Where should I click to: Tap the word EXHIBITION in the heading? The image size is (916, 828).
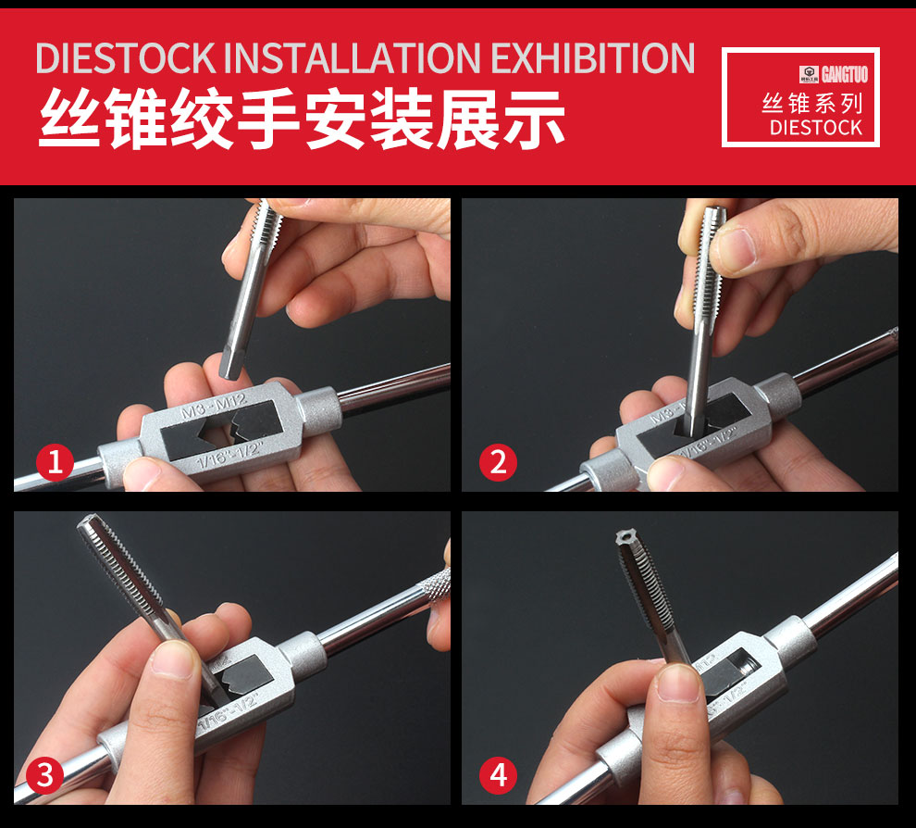coord(593,57)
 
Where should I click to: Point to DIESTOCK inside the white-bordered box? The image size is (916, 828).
coord(815,127)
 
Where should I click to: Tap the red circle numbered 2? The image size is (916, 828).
coord(499,460)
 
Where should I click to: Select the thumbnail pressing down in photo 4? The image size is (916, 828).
coord(680,682)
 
